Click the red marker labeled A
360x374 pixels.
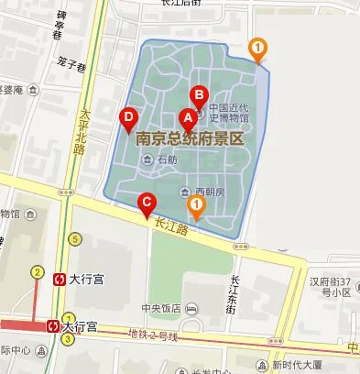[x=189, y=119]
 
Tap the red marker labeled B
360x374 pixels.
[x=199, y=95]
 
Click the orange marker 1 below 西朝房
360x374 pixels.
[x=195, y=206]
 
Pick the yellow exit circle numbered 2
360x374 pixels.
[x=38, y=271]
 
